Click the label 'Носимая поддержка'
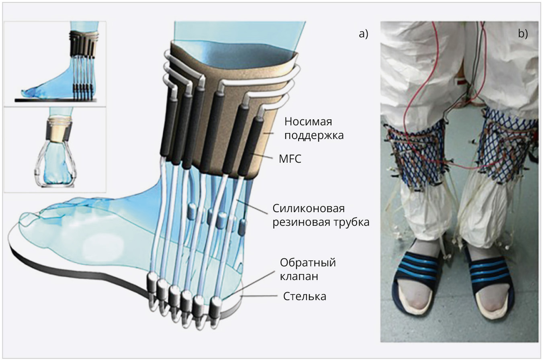click(314, 128)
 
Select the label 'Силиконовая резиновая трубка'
click(321, 215)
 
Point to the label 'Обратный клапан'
click(307, 270)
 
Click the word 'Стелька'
click(304, 297)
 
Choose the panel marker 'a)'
click(363, 34)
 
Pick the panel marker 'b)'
click(522, 34)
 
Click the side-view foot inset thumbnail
click(55, 63)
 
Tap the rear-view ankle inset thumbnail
click(55, 149)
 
